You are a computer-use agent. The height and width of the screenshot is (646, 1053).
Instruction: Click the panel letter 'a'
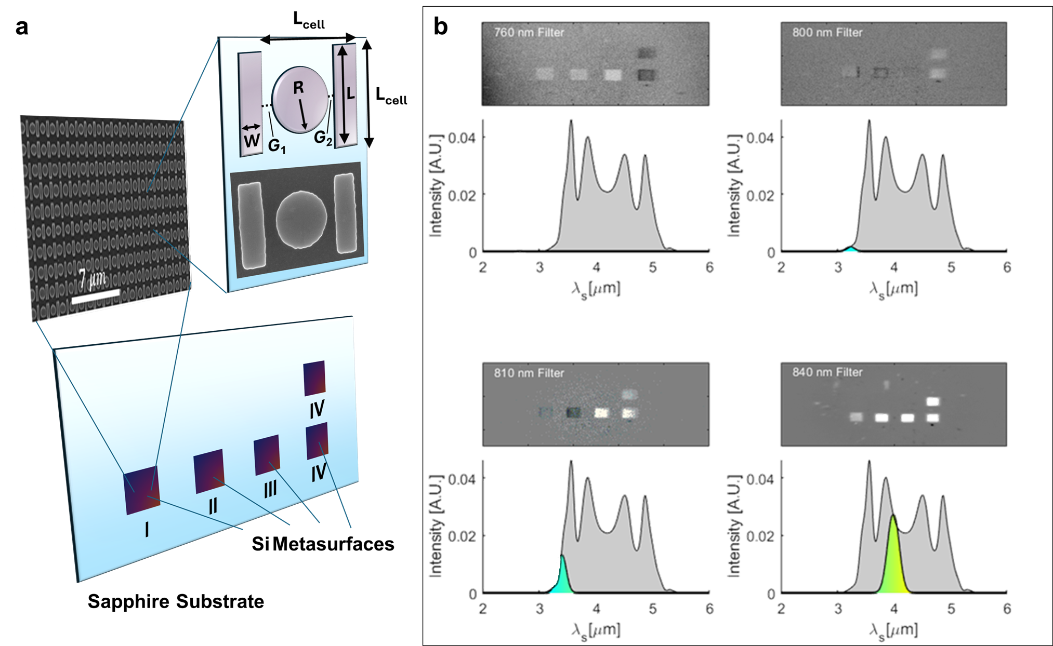tap(22, 27)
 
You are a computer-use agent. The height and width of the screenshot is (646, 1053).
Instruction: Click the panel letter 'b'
tap(441, 26)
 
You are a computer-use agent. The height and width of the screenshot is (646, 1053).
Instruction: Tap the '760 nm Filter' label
tap(529, 33)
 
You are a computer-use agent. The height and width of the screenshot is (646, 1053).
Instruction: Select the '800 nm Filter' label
tap(827, 33)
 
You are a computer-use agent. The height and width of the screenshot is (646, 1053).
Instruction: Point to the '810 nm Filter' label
tap(529, 373)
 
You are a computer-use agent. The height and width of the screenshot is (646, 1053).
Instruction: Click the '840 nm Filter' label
tap(827, 372)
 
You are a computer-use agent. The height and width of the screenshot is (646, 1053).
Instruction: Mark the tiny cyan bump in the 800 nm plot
tap(850, 249)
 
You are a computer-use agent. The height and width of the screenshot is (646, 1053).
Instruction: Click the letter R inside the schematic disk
tap(298, 88)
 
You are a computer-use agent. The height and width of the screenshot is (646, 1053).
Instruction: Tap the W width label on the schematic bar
tap(252, 140)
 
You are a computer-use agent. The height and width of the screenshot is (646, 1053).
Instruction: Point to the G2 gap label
tap(323, 138)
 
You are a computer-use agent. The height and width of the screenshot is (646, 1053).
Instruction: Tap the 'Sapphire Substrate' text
tap(176, 601)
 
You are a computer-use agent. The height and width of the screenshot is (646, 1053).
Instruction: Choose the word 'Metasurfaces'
tap(333, 544)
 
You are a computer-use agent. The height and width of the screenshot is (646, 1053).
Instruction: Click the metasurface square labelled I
tap(142, 490)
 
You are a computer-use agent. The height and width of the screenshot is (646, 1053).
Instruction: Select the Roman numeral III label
tap(270, 489)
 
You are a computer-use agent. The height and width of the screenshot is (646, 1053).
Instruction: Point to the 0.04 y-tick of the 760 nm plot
tap(462, 138)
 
